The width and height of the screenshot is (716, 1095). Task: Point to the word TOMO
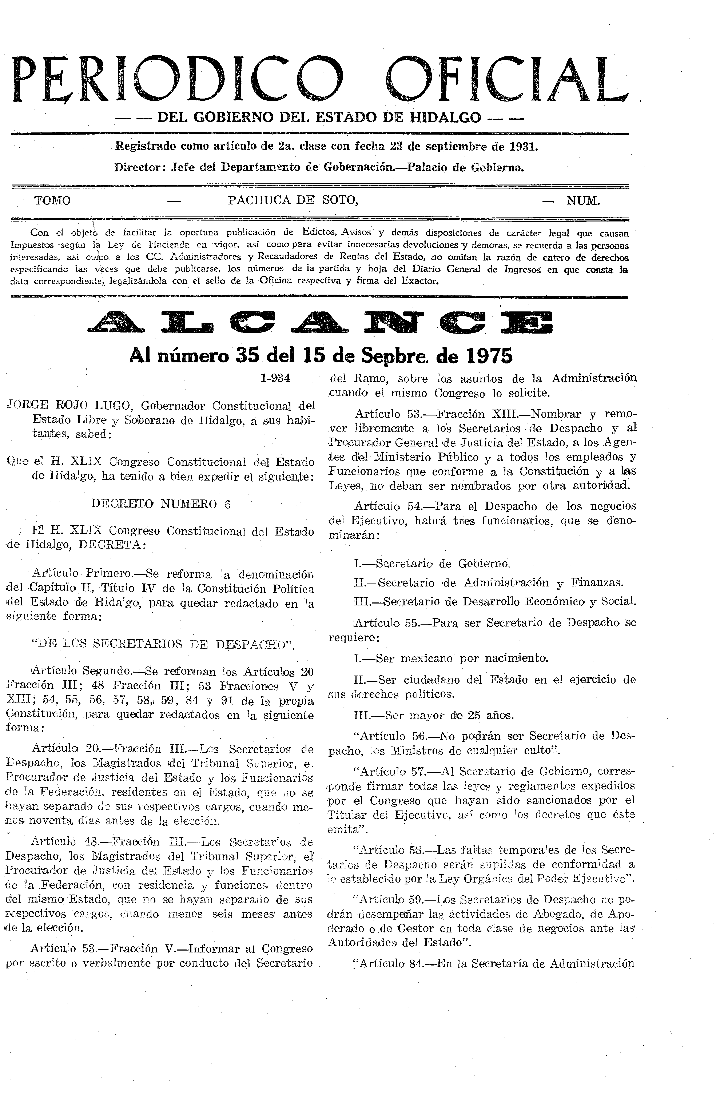[x=52, y=201]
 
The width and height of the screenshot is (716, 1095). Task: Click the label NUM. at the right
[x=583, y=201]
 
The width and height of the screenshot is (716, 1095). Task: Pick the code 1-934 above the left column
[x=275, y=378]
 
